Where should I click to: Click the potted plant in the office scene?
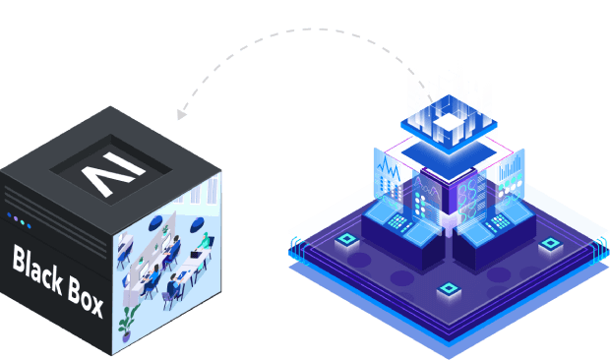click(x=127, y=319)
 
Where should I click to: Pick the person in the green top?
click(x=203, y=241)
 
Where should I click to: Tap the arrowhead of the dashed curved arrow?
click(x=182, y=112)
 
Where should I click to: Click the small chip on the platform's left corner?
click(x=346, y=240)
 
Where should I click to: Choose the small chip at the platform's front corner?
click(x=449, y=289)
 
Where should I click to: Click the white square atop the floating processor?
click(x=449, y=120)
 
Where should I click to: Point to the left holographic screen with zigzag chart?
click(x=386, y=177)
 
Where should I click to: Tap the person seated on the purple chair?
click(x=172, y=286)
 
